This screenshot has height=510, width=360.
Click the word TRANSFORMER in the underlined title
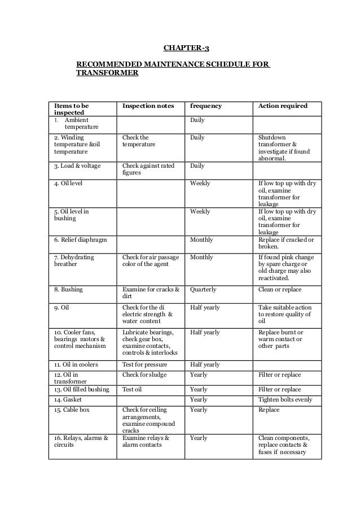(x=107, y=73)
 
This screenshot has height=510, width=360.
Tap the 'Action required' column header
(x=282, y=106)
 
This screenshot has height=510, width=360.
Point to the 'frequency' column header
(x=206, y=106)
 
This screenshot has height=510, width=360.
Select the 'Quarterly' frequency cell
(x=204, y=289)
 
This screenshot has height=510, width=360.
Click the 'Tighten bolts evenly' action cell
(x=285, y=399)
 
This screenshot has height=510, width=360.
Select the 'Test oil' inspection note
(x=133, y=389)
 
